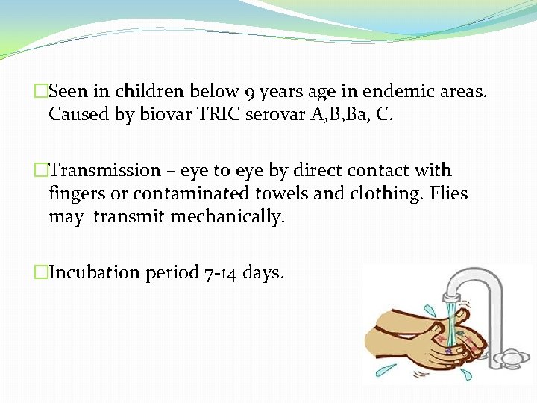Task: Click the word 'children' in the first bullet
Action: point(142,92)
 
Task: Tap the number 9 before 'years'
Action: point(251,93)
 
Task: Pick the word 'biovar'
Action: point(163,116)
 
